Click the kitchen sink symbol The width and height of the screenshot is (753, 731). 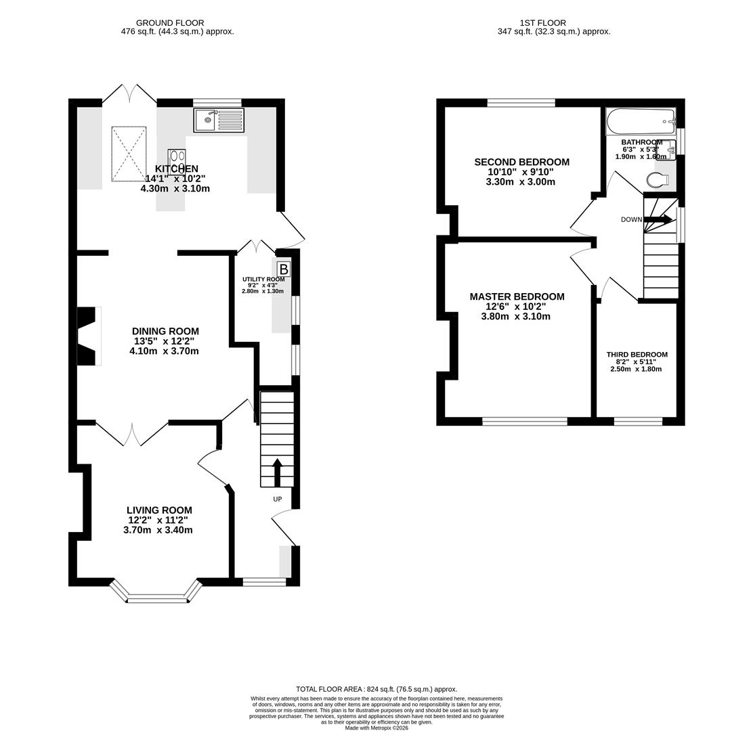pos(218,120)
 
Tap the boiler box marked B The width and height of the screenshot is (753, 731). pos(283,269)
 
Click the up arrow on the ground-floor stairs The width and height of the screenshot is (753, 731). pos(277,472)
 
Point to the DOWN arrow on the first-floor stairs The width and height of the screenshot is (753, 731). pos(658,219)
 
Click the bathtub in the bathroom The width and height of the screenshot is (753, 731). pos(641,122)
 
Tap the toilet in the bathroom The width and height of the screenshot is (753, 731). pos(658,180)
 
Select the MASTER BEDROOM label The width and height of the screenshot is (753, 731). pos(517,296)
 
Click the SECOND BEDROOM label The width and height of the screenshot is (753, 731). pos(521,162)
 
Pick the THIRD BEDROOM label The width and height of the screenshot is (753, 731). pos(637,355)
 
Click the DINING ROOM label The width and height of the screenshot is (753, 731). pos(165,332)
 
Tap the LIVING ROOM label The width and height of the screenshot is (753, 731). pos(159,510)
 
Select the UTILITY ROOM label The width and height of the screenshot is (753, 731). pos(263,279)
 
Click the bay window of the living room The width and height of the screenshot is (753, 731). pos(156,596)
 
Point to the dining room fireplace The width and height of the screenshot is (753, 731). pos(88,336)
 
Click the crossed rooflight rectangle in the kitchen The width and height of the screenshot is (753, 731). pos(129,154)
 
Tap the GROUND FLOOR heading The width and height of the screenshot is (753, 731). pos(170,23)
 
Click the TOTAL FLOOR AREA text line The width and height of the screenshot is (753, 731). pos(376,689)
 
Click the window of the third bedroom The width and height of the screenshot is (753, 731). pos(638,422)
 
